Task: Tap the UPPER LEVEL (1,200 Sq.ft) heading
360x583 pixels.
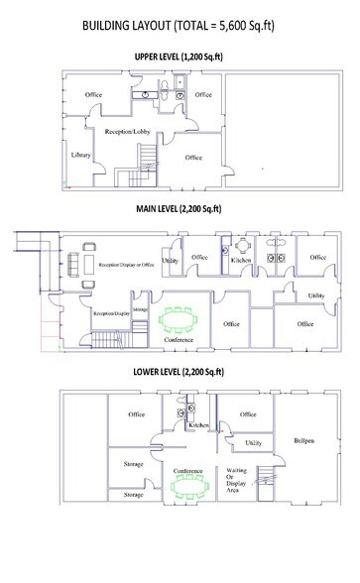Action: click(x=178, y=57)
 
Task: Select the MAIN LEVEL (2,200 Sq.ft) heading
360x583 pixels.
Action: click(x=179, y=209)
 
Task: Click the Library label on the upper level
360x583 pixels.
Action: click(x=81, y=155)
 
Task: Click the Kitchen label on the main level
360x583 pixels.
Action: click(x=242, y=259)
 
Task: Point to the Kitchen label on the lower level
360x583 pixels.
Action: click(x=198, y=424)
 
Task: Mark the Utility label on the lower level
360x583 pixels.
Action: click(x=253, y=442)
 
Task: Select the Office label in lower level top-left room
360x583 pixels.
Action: click(x=136, y=414)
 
